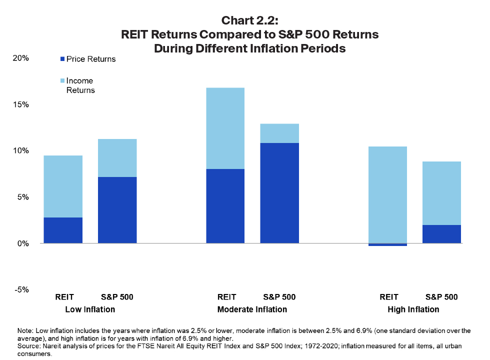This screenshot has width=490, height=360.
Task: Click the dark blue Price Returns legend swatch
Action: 62,59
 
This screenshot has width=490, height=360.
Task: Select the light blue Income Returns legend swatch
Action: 62,80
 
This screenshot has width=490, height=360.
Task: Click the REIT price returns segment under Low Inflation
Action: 63,230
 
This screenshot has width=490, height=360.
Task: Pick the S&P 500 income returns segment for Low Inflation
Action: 117,158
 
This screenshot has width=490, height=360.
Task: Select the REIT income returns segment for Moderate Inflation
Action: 225,128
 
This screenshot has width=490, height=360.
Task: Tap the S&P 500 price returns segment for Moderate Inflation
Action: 279,193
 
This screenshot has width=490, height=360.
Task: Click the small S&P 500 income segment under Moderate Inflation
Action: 279,133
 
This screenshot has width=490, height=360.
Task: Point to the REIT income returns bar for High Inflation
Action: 387,195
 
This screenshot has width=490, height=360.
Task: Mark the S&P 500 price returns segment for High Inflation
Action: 441,234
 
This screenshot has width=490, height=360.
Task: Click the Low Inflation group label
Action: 90,309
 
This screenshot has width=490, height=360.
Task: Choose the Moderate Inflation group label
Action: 252,309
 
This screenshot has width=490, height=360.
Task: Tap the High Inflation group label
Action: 413,309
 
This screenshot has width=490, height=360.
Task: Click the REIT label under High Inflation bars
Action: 388,297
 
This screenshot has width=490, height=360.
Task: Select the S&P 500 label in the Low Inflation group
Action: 117,297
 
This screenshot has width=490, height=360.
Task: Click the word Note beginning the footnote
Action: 24,330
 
